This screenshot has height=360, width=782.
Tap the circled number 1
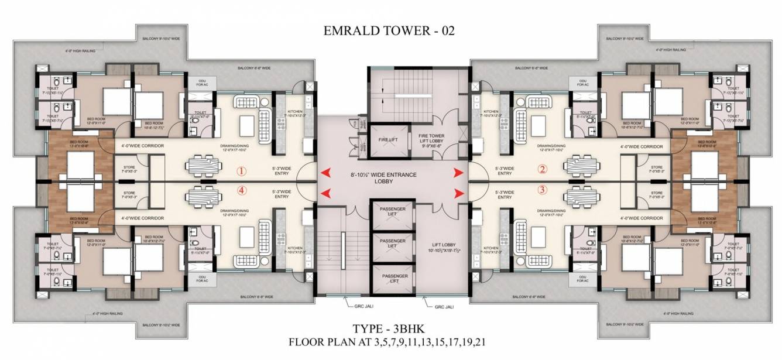point(240,172)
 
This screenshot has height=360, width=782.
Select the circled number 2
point(542,170)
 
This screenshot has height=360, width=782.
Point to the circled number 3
point(542,190)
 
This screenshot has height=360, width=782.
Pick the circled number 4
point(240,190)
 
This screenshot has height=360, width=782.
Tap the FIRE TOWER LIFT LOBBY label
point(430,140)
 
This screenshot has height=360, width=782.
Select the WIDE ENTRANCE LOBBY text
point(392,178)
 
